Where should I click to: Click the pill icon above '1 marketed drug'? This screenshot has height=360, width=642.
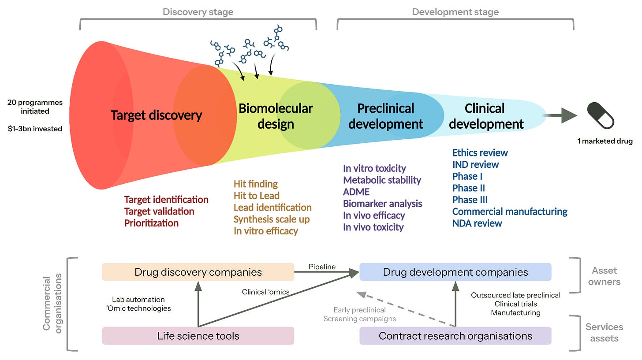point(601,115)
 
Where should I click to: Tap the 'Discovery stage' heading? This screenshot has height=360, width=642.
point(198,12)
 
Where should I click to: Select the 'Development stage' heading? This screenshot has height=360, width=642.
point(455,12)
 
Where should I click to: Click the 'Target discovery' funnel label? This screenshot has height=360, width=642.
point(156,115)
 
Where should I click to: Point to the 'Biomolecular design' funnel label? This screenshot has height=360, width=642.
point(276,116)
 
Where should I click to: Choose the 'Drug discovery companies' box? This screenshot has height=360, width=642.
point(198,272)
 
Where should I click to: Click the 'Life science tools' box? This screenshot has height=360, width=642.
point(198,336)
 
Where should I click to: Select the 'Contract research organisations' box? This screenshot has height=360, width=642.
point(455,336)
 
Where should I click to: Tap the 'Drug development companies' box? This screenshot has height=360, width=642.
point(455,272)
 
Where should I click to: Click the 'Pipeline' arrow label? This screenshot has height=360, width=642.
point(322,267)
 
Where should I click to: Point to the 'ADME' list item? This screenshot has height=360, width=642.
point(356,192)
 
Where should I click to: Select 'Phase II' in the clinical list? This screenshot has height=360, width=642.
point(469,188)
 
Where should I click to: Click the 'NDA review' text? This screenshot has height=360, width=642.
point(477,223)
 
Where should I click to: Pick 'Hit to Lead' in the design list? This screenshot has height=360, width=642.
point(257,196)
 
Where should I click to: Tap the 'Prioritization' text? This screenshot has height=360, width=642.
point(151,223)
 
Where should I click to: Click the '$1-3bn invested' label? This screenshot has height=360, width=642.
point(35,129)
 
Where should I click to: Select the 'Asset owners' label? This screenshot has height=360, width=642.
point(604,276)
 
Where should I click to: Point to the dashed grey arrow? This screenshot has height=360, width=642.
point(406,309)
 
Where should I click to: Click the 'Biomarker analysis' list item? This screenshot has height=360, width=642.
point(383,203)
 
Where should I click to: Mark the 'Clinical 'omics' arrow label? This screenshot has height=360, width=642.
point(266,292)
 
